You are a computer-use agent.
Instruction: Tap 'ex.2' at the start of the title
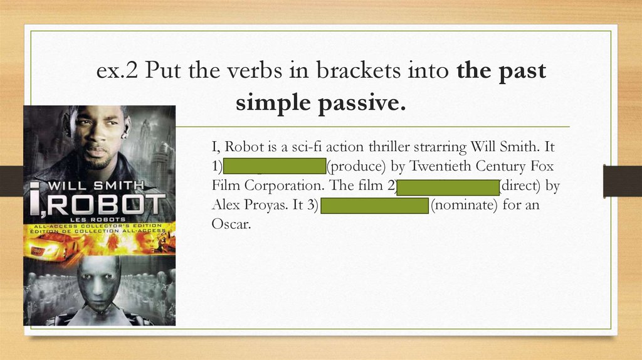(x=118, y=71)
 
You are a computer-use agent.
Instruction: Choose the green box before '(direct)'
(x=448, y=186)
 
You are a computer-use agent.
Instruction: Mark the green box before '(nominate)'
(x=374, y=205)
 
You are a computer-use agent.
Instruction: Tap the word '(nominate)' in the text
(x=463, y=205)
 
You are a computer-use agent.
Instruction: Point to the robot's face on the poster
(x=99, y=282)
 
